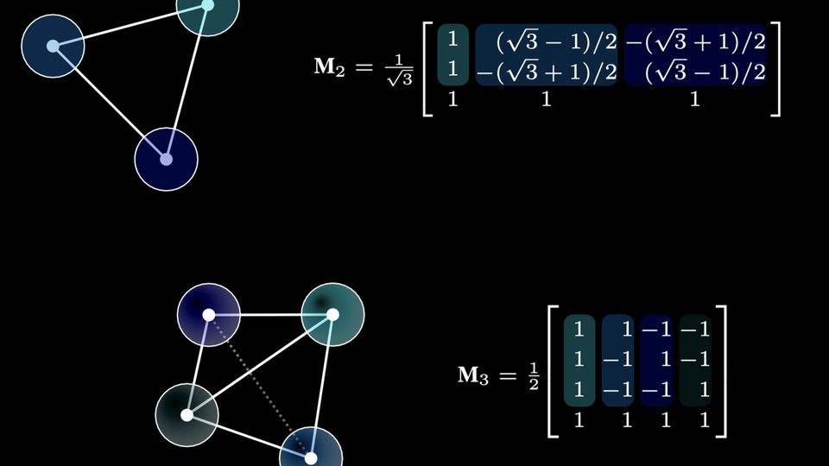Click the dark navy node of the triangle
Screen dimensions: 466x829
pos(167,160)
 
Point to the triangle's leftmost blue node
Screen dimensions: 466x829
pos(53,46)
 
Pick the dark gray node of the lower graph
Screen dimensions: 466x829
pos(187,415)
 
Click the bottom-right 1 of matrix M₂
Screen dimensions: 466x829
pos(694,99)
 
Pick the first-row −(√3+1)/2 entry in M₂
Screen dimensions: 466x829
pos(694,41)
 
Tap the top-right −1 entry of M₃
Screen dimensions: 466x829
pos(694,329)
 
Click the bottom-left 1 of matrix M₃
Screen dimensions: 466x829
pos(579,420)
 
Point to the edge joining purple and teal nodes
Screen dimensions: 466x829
pos(270,315)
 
